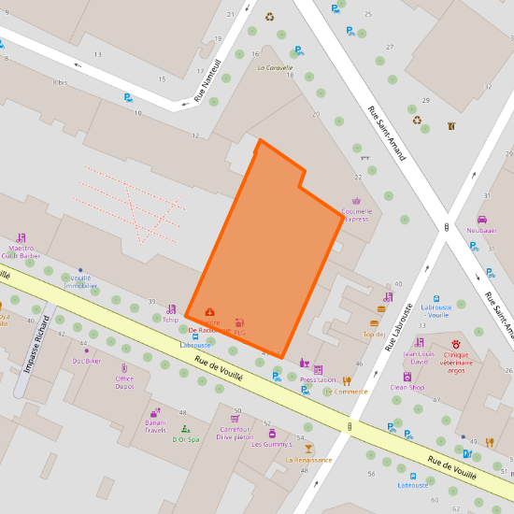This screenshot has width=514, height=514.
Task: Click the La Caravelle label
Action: click(275, 68)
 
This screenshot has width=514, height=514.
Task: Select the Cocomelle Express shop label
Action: click(356, 215)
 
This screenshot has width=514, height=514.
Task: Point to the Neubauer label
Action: click(481, 230)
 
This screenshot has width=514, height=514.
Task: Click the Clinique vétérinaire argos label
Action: click(455, 363)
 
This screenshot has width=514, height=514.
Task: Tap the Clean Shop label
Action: click(407, 387)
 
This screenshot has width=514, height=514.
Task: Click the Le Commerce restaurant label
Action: click(346, 392)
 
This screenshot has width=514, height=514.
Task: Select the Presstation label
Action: click(318, 380)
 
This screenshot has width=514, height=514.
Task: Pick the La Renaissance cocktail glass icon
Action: click(309, 449)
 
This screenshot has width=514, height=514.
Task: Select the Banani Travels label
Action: click(154, 427)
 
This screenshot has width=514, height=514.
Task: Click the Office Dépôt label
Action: click(124, 382)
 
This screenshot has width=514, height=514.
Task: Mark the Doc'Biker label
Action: click(86, 361)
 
